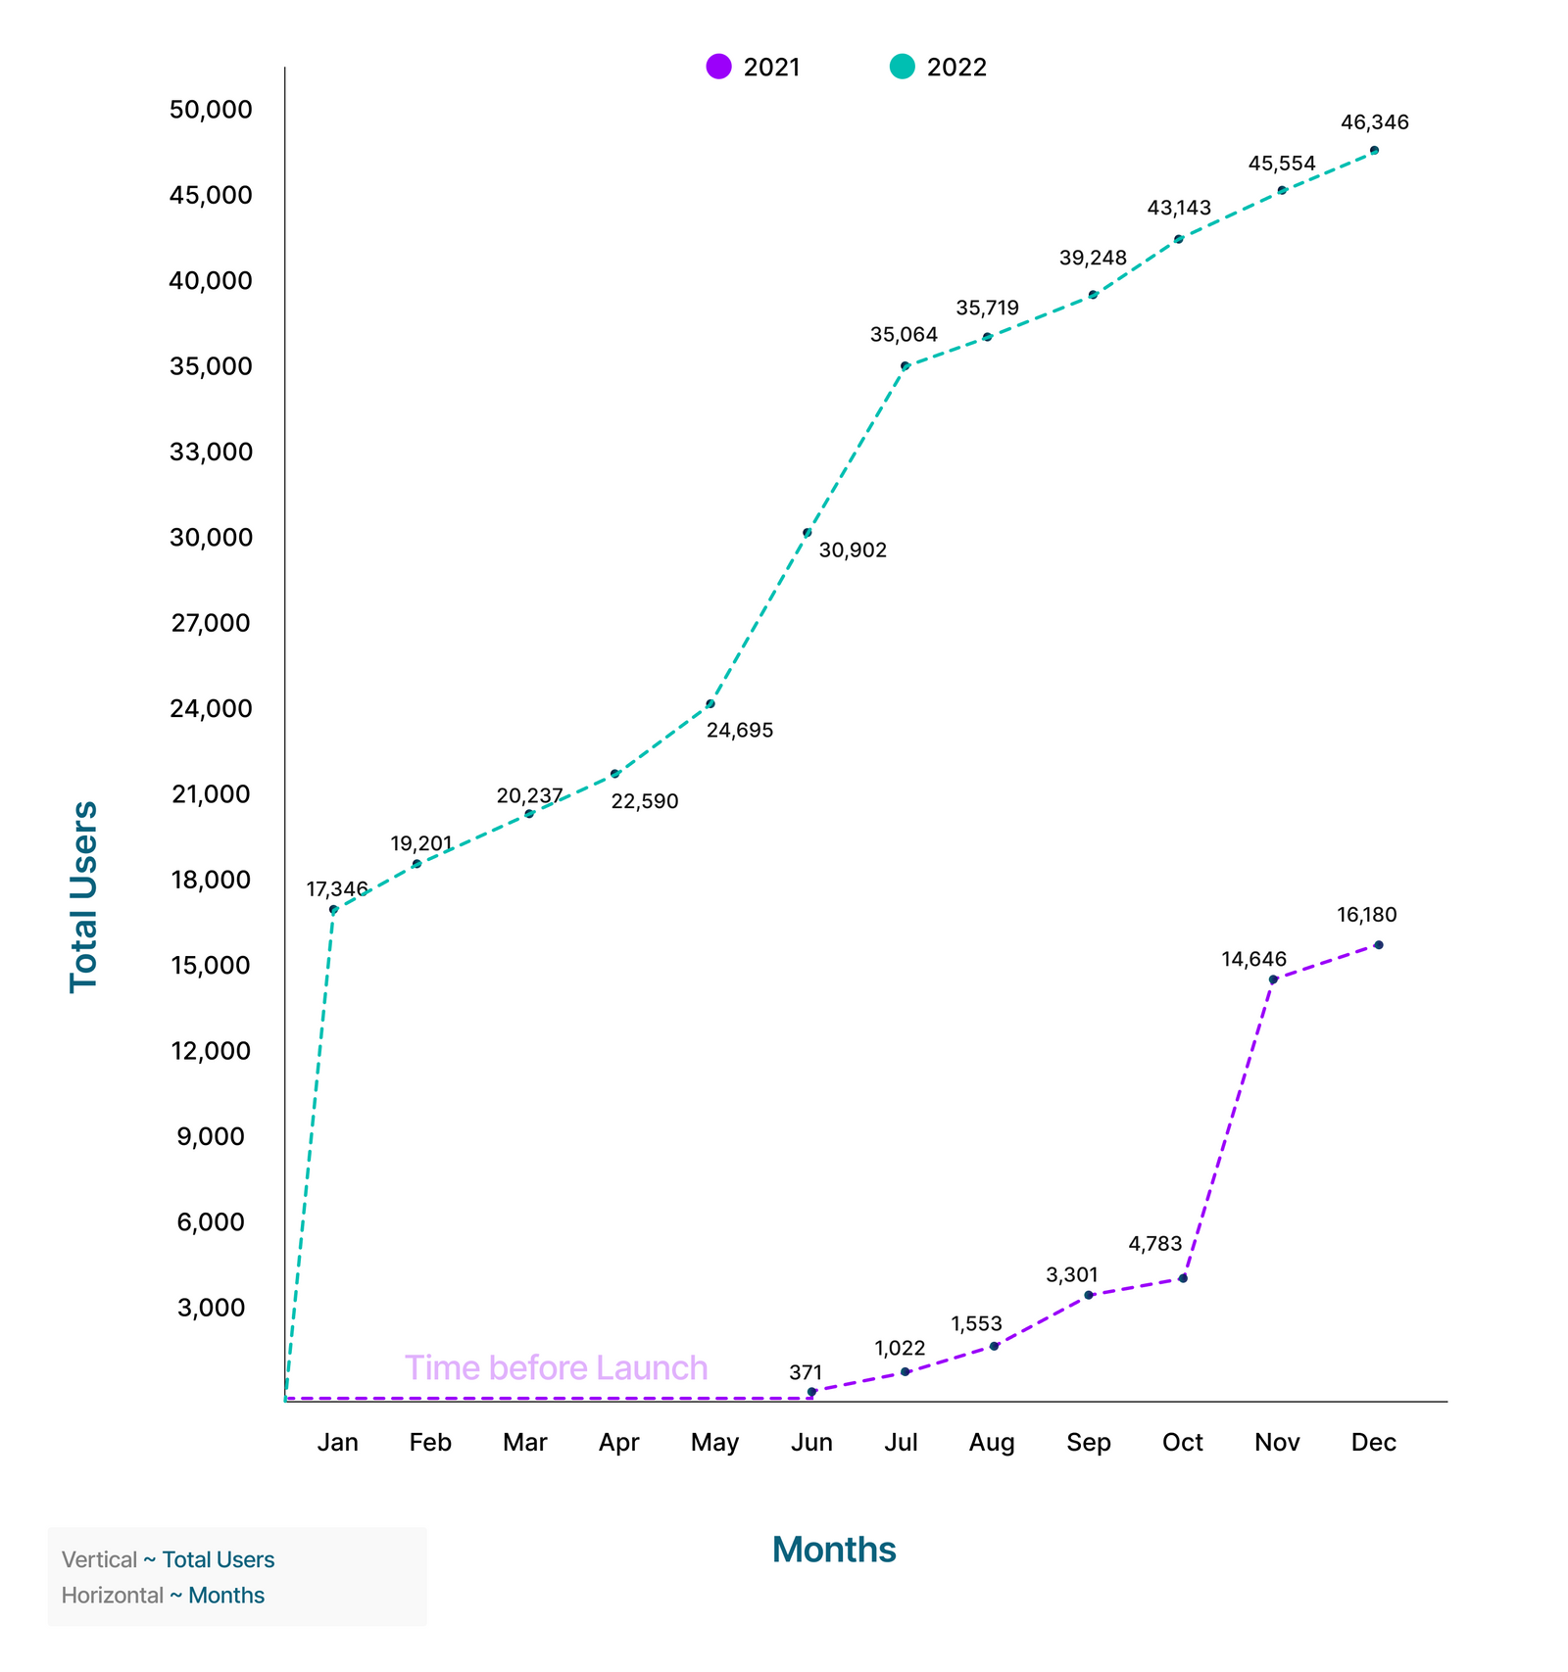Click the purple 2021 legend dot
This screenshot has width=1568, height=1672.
pyautogui.click(x=718, y=67)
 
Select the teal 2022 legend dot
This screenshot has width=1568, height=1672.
pyautogui.click(x=902, y=67)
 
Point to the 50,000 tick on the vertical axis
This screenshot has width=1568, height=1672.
pyautogui.click(x=211, y=109)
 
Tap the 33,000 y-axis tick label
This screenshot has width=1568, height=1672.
pyautogui.click(x=211, y=452)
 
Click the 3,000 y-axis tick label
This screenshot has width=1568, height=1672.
pyautogui.click(x=211, y=1308)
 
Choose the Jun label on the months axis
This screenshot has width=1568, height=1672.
pyautogui.click(x=811, y=1442)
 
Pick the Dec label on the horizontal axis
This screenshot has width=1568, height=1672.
pyautogui.click(x=1373, y=1442)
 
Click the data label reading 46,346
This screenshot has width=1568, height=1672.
pyautogui.click(x=1374, y=122)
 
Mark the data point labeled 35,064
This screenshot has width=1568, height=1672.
pyautogui.click(x=906, y=366)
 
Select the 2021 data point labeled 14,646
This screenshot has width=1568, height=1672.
pyautogui.click(x=1273, y=979)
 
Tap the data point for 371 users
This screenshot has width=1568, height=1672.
pyautogui.click(x=811, y=1392)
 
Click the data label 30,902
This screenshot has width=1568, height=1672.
pyautogui.click(x=853, y=550)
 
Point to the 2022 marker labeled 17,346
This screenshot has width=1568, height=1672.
pyautogui.click(x=334, y=910)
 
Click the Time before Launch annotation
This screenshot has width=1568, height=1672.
pyautogui.click(x=556, y=1367)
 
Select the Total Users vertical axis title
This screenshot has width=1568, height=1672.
pyautogui.click(x=84, y=897)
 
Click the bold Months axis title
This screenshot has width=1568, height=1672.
pyautogui.click(x=834, y=1550)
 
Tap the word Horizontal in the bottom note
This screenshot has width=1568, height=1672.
pyautogui.click(x=112, y=1595)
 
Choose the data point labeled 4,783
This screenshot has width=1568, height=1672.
pyautogui.click(x=1183, y=1278)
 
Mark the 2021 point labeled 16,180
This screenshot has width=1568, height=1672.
pyautogui.click(x=1378, y=945)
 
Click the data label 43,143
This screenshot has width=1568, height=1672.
pyautogui.click(x=1179, y=208)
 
